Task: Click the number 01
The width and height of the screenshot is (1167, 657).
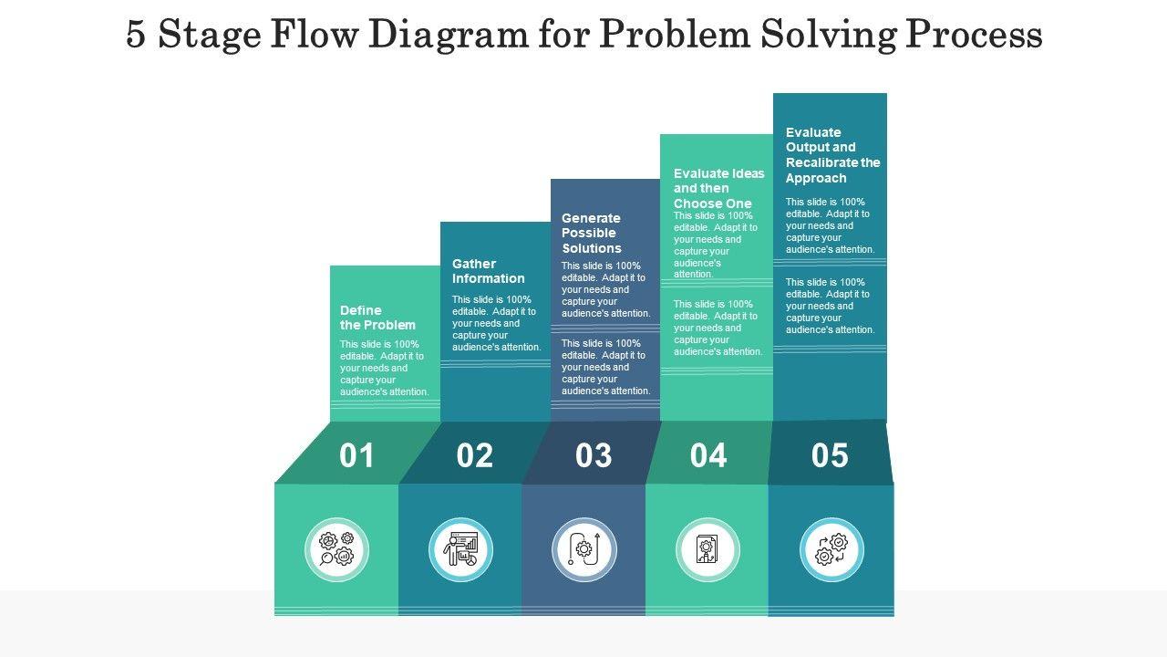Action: pyautogui.click(x=356, y=455)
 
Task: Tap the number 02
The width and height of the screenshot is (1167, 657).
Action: pyautogui.click(x=474, y=455)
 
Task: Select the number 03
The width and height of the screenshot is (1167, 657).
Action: pyautogui.click(x=594, y=455)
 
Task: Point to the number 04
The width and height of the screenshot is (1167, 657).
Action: pyautogui.click(x=708, y=455)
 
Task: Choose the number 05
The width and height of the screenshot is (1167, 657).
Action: pyautogui.click(x=830, y=455)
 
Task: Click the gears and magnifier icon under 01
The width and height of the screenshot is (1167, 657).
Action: pyautogui.click(x=336, y=549)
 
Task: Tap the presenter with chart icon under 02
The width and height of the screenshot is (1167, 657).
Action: pyautogui.click(x=460, y=549)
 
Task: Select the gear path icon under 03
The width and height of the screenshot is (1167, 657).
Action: pyautogui.click(x=583, y=549)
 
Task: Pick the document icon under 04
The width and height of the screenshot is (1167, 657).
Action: pyautogui.click(x=707, y=549)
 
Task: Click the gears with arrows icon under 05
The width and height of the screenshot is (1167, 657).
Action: pyautogui.click(x=831, y=549)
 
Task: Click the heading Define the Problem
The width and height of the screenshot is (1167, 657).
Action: pyautogui.click(x=377, y=318)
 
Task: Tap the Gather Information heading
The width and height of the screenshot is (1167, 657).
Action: pyautogui.click(x=489, y=271)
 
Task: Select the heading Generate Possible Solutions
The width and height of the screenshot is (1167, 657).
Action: pyautogui.click(x=592, y=233)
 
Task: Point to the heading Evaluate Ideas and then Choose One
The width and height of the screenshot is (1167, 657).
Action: pyautogui.click(x=719, y=188)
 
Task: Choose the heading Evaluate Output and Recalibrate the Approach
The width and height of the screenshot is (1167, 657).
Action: pyautogui.click(x=832, y=155)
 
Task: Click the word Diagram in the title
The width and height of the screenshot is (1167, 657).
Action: pyautogui.click(x=439, y=35)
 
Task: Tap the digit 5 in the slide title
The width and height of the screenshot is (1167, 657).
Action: pyautogui.click(x=136, y=35)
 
